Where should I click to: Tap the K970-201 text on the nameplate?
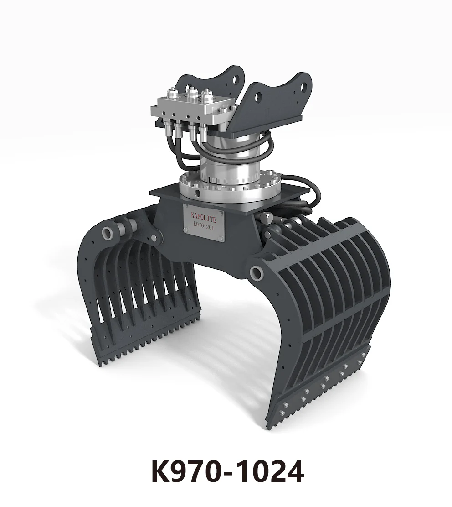point(204,225)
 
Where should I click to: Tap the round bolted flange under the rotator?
point(228,185)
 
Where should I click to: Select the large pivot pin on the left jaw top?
point(108,233)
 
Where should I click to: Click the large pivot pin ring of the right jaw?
point(256,273)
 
